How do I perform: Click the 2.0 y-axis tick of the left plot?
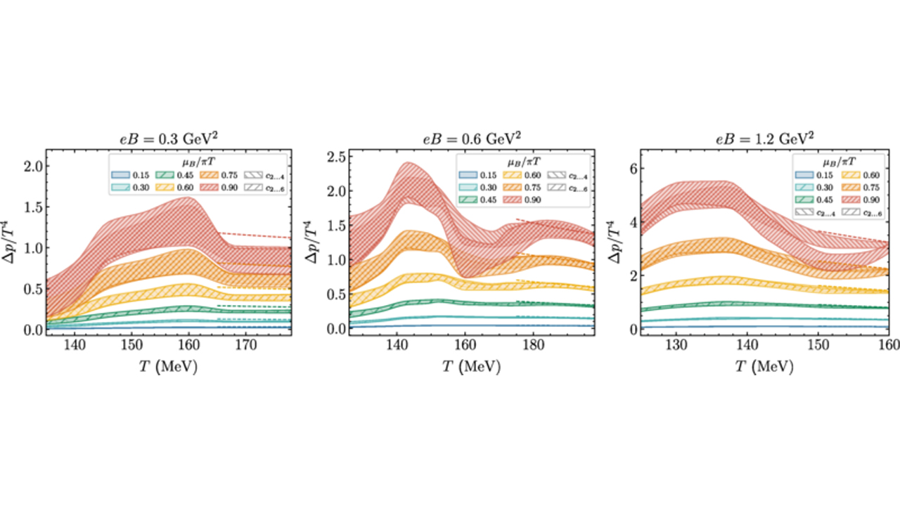point(33,166)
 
